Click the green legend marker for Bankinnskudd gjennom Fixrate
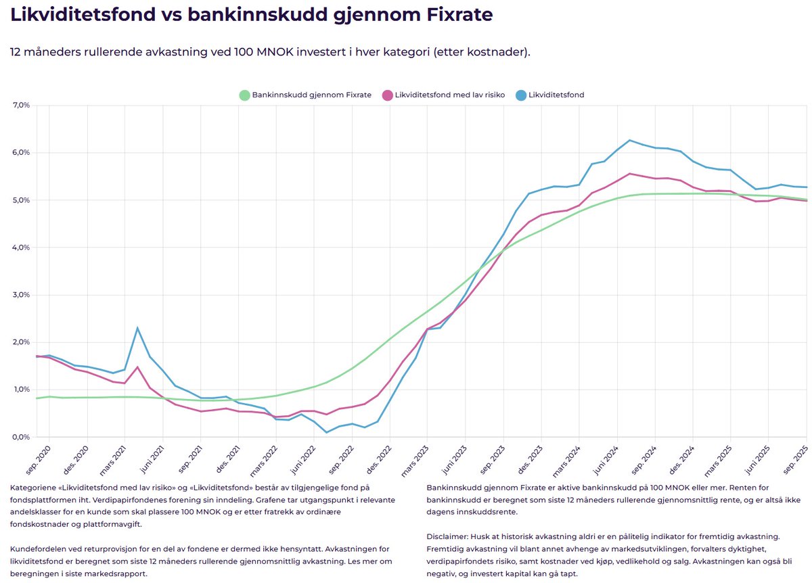coord(244,95)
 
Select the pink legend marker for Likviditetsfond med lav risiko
coord(388,95)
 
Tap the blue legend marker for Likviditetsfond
coord(520,95)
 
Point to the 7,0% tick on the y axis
coord(21,106)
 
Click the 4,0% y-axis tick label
coord(21,248)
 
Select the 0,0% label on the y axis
coord(21,437)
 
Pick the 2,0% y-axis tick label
coord(21,342)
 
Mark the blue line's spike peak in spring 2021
coord(137,328)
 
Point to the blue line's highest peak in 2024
coord(629,141)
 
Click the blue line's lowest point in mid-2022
coord(327,432)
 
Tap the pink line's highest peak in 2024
coord(629,174)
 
